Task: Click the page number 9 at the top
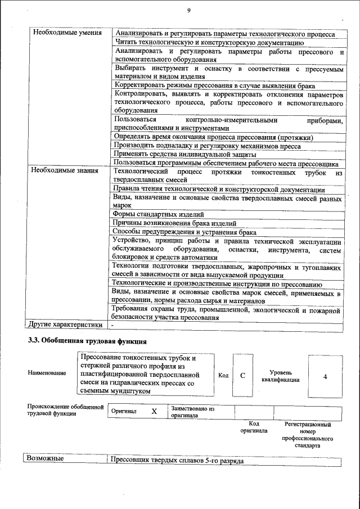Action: click(x=190, y=10)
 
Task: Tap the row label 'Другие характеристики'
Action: click(x=66, y=325)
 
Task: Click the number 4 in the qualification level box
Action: click(x=325, y=375)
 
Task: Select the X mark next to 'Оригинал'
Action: click(x=154, y=411)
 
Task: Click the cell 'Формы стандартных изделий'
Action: click(x=159, y=214)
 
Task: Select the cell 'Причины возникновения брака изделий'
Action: click(x=167, y=223)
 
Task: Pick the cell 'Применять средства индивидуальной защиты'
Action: click(x=185, y=154)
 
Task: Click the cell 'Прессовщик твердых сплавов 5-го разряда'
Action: click(x=178, y=460)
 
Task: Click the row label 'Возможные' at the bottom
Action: click(x=45, y=459)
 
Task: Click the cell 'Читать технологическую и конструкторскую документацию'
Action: click(x=209, y=42)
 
